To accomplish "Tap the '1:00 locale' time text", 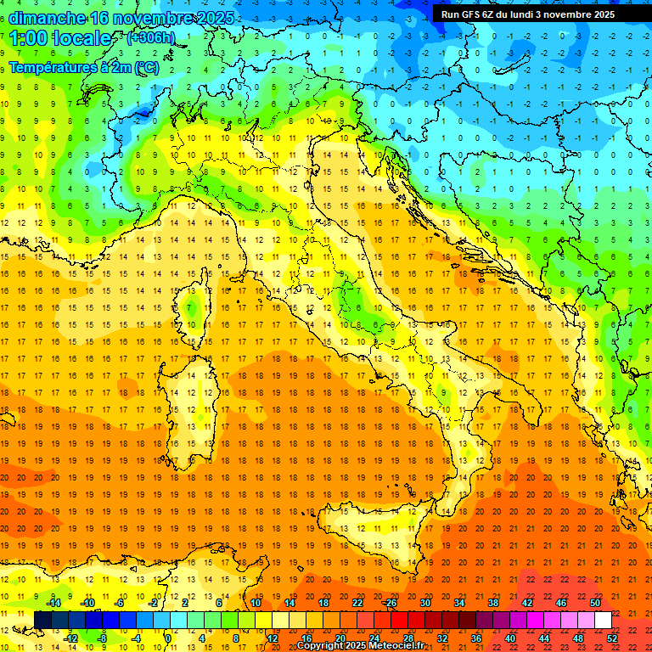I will coord(60,38).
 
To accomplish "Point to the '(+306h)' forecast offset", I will coord(151,38).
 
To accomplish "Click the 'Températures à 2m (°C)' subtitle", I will coord(84,66).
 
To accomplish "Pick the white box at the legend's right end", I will coord(603,620).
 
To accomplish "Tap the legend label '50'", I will coord(595,603).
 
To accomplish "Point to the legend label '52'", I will coord(612,638).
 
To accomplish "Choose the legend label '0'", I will coord(169,638).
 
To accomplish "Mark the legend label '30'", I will coord(424,603).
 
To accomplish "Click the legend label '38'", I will coord(492,603).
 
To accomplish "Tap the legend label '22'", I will coord(357,603).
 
